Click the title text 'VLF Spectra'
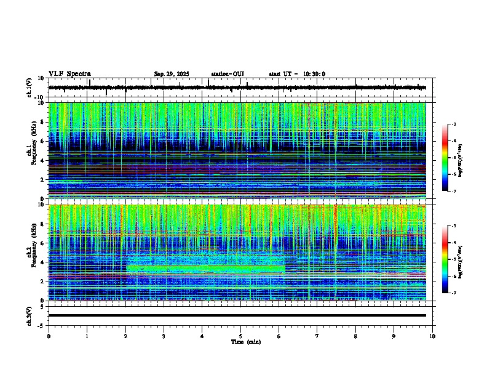coord(69,74)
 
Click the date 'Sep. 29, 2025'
coord(171,74)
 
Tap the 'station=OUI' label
coord(228,74)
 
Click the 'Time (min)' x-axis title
coord(245,341)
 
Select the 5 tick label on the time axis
coord(240,336)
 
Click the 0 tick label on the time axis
coord(49,336)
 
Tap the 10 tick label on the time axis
coord(432,336)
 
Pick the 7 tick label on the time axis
coord(317,336)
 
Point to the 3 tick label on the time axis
coord(164,336)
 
